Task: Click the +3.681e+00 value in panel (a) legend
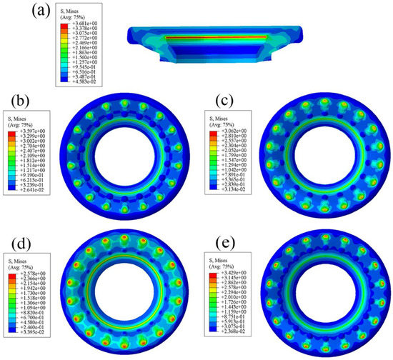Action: point(88,25)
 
